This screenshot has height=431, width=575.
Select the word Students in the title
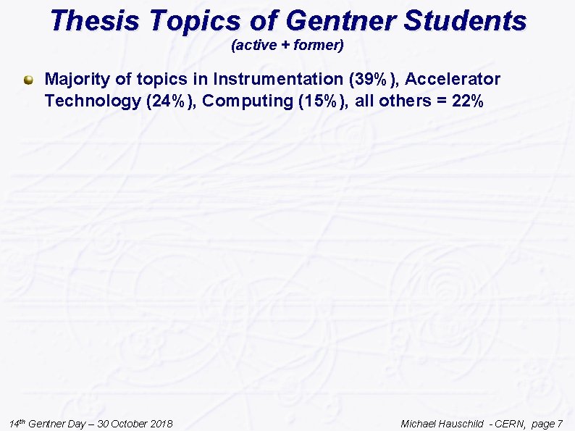(465, 21)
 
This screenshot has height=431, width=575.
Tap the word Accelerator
(453, 79)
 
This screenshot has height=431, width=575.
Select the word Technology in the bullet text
(92, 101)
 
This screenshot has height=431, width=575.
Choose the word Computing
(247, 101)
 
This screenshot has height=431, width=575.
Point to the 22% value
(467, 101)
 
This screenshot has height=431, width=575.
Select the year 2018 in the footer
(159, 424)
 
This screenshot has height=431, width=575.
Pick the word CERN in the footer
(511, 424)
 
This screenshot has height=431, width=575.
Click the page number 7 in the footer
(559, 424)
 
